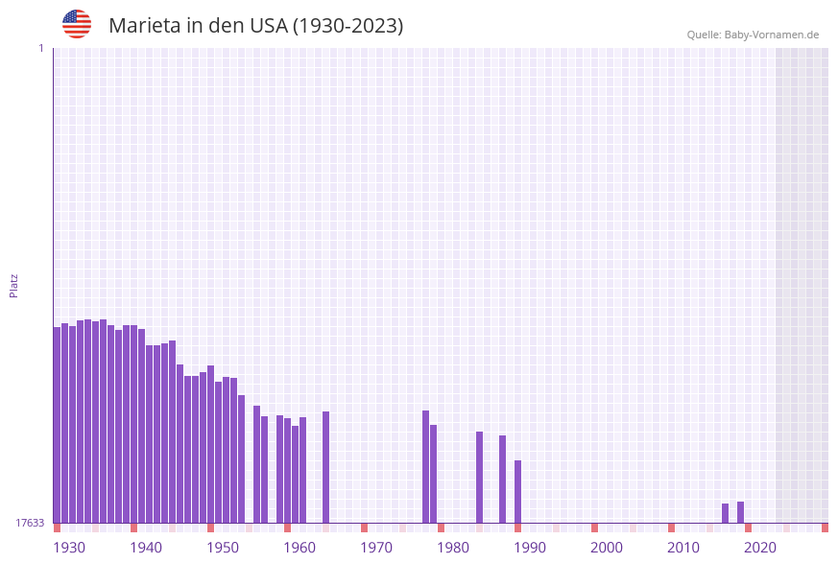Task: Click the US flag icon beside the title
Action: point(77,24)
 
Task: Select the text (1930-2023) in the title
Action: point(347,26)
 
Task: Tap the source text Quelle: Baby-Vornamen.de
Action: point(753,35)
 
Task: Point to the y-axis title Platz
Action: point(14,285)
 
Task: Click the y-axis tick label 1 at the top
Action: point(40,48)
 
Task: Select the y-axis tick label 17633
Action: point(30,523)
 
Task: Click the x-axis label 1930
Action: point(69,548)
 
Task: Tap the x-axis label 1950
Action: point(223,548)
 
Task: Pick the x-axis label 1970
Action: point(376,548)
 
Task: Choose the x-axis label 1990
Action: point(530,548)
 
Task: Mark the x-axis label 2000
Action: point(607,548)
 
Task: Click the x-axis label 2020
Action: point(760,548)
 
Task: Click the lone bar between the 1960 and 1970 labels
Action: point(325,467)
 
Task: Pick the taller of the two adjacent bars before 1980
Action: point(425,466)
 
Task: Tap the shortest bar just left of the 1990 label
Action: point(517,491)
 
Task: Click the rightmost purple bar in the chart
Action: point(740,512)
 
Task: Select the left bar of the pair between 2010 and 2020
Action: point(725,513)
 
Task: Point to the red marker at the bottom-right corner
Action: point(825,528)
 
